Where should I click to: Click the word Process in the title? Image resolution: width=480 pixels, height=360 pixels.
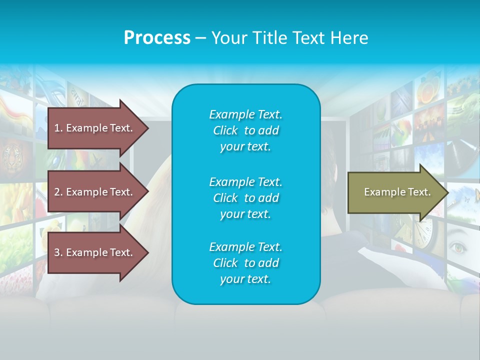157,38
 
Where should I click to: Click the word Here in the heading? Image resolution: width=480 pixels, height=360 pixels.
349,38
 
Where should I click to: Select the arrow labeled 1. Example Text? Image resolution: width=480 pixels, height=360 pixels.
95,128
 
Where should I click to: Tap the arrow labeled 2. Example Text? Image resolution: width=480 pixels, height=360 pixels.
95,192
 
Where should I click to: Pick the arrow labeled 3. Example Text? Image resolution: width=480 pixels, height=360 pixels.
95,252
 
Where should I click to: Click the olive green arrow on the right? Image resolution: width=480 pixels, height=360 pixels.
395,192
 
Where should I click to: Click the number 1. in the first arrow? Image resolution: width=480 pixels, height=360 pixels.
58,128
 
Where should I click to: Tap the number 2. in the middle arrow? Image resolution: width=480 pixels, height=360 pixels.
58,192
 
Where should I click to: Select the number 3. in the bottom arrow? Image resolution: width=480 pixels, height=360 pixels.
58,252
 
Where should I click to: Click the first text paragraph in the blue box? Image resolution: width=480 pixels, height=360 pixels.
245,130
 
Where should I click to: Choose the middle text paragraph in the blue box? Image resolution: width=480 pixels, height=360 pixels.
245,198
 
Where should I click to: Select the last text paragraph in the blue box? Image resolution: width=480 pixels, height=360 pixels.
245,263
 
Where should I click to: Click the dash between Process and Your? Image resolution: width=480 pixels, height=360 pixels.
200,38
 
